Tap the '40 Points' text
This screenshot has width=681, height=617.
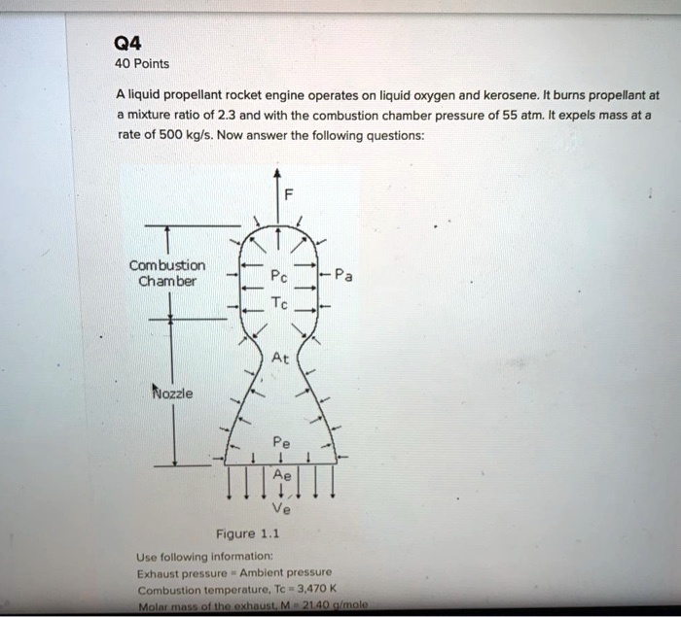coord(142,64)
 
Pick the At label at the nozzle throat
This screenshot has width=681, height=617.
coord(280,358)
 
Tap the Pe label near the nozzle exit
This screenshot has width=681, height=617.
coord(280,439)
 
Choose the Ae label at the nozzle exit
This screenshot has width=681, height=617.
coord(280,475)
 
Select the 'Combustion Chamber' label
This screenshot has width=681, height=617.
coord(167,273)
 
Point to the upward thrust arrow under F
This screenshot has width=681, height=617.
coord(278,204)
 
